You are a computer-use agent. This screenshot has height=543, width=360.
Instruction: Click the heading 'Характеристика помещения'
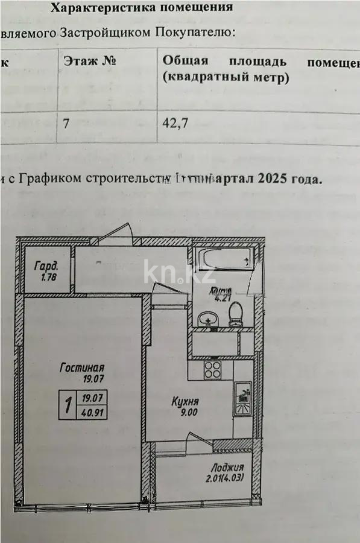click(141, 8)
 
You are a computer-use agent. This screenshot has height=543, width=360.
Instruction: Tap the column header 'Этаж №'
click(90, 62)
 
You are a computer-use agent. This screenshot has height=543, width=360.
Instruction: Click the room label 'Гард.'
click(46, 265)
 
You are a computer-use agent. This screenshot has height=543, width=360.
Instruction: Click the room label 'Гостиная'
click(83, 367)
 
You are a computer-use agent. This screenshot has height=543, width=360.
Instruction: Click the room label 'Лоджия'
click(227, 468)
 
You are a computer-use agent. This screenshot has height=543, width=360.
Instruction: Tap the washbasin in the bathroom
click(207, 318)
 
